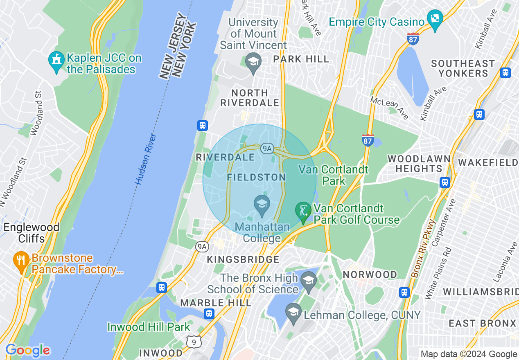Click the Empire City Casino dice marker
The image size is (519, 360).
[435, 19]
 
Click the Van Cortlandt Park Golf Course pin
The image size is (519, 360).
[303, 211]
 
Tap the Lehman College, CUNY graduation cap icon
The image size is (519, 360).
[293, 312]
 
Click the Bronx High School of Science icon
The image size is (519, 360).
[308, 281]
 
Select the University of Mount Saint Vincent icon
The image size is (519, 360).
[253, 62]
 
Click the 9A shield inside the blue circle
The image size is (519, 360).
[267, 148]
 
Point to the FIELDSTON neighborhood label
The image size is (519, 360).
[256, 177]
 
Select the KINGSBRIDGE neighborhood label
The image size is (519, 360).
[243, 260]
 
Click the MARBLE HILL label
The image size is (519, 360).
[216, 303]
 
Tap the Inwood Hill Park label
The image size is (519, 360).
[149, 327]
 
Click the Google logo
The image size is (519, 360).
[28, 350]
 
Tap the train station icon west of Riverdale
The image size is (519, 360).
[203, 125]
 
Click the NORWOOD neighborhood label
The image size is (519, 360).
[370, 274]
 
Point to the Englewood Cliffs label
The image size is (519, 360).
[32, 232]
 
